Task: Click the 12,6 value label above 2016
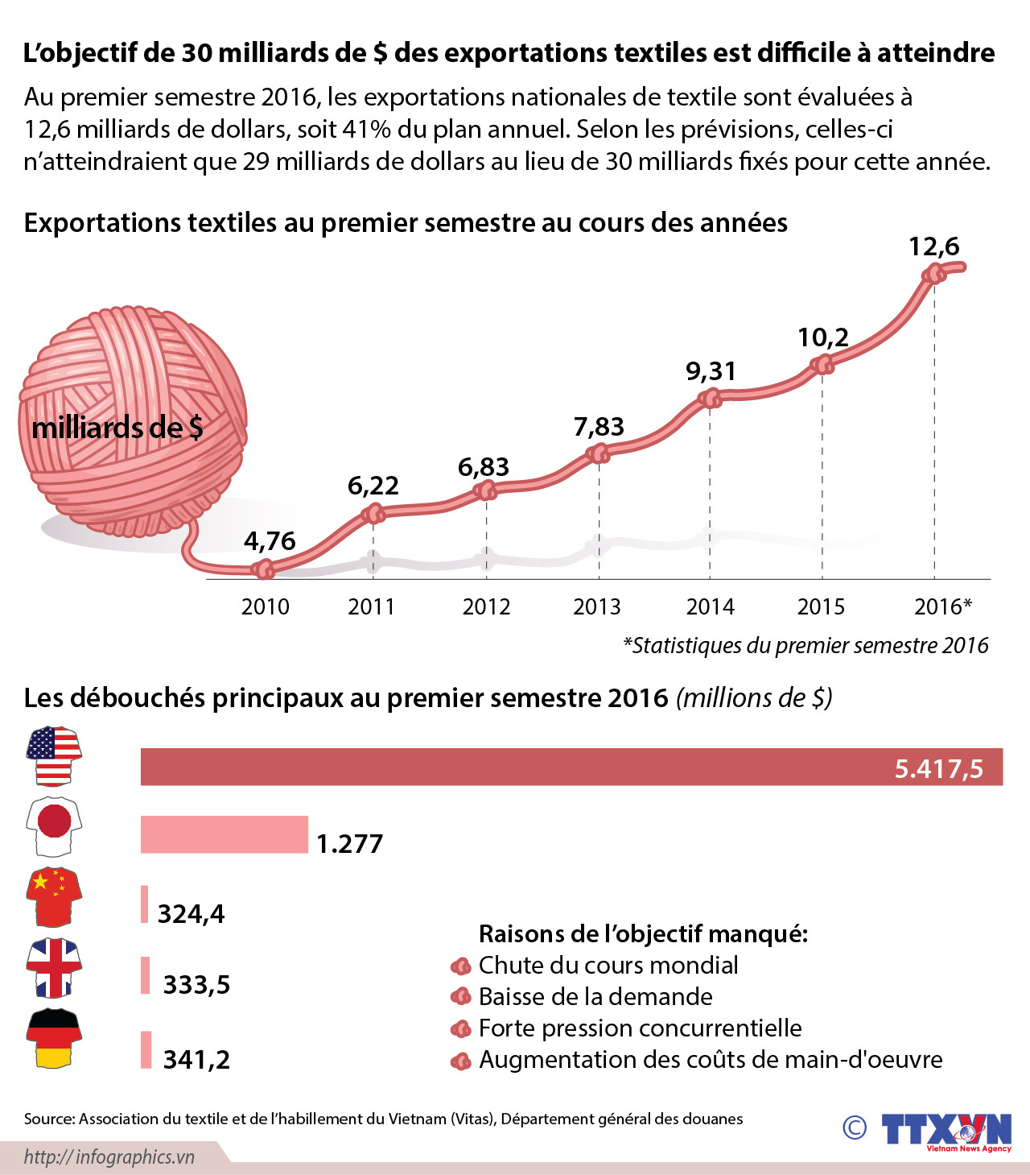click(x=933, y=246)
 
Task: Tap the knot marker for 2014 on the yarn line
click(x=710, y=398)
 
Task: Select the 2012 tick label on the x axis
click(x=486, y=606)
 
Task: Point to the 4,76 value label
click(x=270, y=540)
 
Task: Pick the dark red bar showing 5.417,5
click(x=571, y=767)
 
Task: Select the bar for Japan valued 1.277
click(x=224, y=834)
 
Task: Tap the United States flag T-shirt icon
click(x=54, y=755)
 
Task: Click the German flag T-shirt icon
click(x=54, y=1038)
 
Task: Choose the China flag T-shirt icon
click(x=54, y=896)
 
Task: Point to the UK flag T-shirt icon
click(x=54, y=967)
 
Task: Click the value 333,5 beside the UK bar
click(x=196, y=984)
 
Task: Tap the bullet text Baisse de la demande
click(x=595, y=997)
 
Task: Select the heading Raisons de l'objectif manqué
click(x=643, y=934)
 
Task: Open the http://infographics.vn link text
click(x=109, y=1157)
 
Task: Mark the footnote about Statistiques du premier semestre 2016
click(x=805, y=646)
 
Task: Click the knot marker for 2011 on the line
click(x=373, y=513)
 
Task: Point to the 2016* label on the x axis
click(x=942, y=606)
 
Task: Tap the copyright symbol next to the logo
click(x=855, y=1127)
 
